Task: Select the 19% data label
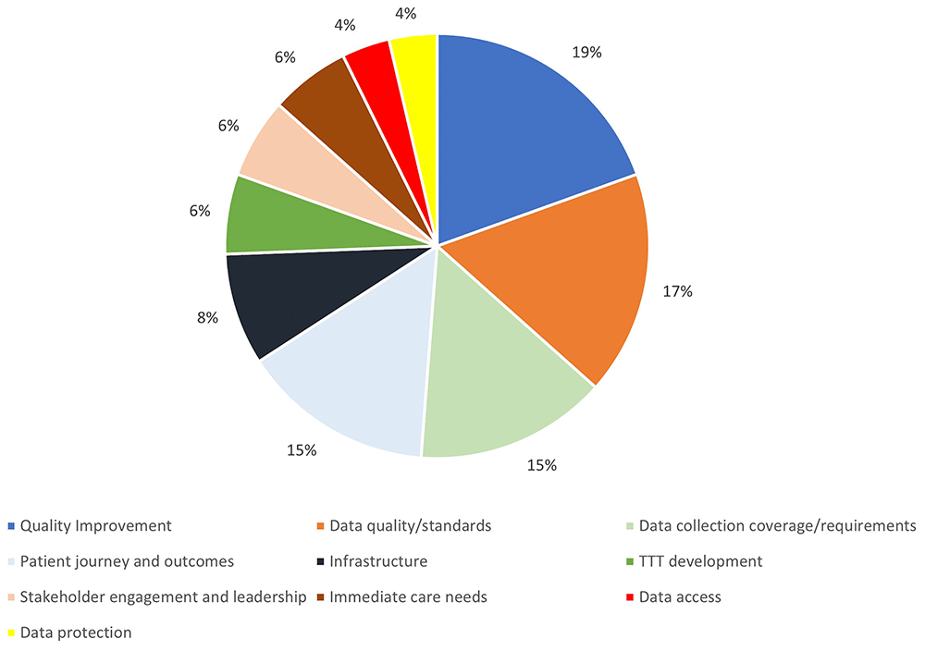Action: tap(587, 53)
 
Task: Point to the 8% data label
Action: tap(207, 317)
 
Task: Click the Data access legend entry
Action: tap(680, 596)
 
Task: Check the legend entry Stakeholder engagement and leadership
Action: tap(163, 596)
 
